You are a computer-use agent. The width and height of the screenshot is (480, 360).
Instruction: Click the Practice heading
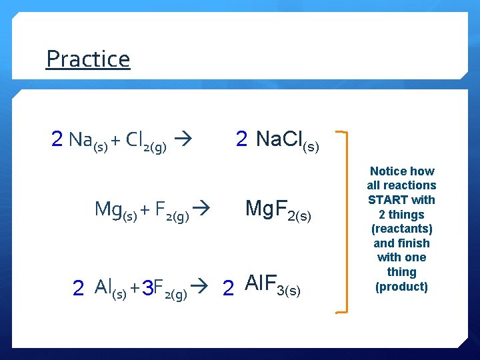87,59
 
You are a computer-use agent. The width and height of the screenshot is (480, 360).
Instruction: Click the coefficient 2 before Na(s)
57,139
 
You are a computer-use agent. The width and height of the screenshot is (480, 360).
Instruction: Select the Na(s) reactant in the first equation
87,141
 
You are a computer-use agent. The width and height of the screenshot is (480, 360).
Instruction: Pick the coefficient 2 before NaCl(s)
241,139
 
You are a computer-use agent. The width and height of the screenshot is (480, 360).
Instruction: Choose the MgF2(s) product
278,210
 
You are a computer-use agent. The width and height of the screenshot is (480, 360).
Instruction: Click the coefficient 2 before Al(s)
78,288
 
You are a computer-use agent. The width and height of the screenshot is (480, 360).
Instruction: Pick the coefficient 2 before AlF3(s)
228,288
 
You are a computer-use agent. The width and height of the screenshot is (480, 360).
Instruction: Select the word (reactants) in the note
401,229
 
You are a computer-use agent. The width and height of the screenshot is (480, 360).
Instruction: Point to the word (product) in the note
401,287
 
